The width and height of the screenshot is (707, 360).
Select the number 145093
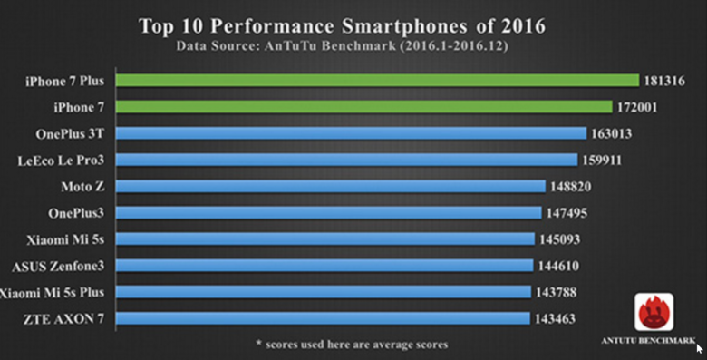[x=560, y=239]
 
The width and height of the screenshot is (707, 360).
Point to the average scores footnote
[x=349, y=344]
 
